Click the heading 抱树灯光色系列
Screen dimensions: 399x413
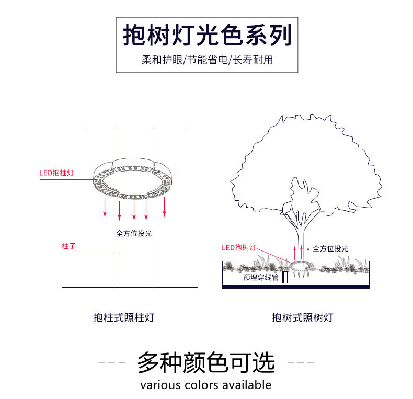(x=206, y=36)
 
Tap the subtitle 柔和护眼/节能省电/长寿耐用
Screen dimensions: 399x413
(x=206, y=60)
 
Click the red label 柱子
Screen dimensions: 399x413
(x=68, y=246)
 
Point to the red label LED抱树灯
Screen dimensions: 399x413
(x=239, y=247)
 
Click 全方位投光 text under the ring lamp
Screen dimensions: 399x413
(x=134, y=233)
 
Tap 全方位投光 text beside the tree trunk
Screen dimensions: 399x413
(x=330, y=248)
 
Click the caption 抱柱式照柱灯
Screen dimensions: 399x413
(x=123, y=317)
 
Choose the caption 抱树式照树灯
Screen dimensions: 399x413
(x=302, y=317)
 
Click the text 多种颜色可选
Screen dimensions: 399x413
(x=206, y=362)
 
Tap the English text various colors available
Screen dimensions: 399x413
(x=206, y=385)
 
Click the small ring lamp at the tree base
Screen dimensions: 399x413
(x=302, y=266)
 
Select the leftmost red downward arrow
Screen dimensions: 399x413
(x=105, y=208)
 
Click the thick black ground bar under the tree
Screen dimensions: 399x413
(x=296, y=287)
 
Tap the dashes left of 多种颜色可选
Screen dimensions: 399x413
(x=112, y=362)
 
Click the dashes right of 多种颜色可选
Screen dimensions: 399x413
(x=301, y=362)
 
